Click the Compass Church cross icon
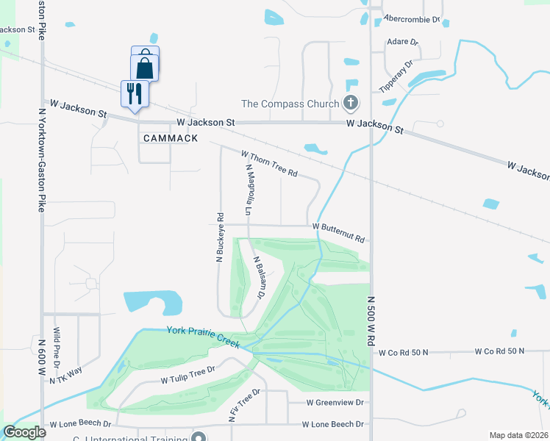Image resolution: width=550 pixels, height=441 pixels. pos(351,104)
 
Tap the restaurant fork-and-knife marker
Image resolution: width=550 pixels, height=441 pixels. pos(134,93)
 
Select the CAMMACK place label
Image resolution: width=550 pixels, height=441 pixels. pos(171,138)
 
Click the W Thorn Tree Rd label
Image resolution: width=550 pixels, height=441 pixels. pos(269,163)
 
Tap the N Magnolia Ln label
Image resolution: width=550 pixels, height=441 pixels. pos(249,190)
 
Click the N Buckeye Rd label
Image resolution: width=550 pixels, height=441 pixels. pos(219,237)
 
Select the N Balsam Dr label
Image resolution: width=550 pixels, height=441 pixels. pos(258,278)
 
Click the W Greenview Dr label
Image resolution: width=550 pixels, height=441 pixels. pos(335,403)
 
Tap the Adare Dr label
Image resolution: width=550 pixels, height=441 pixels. pos(402,43)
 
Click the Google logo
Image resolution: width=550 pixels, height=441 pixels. pos(24,432)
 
